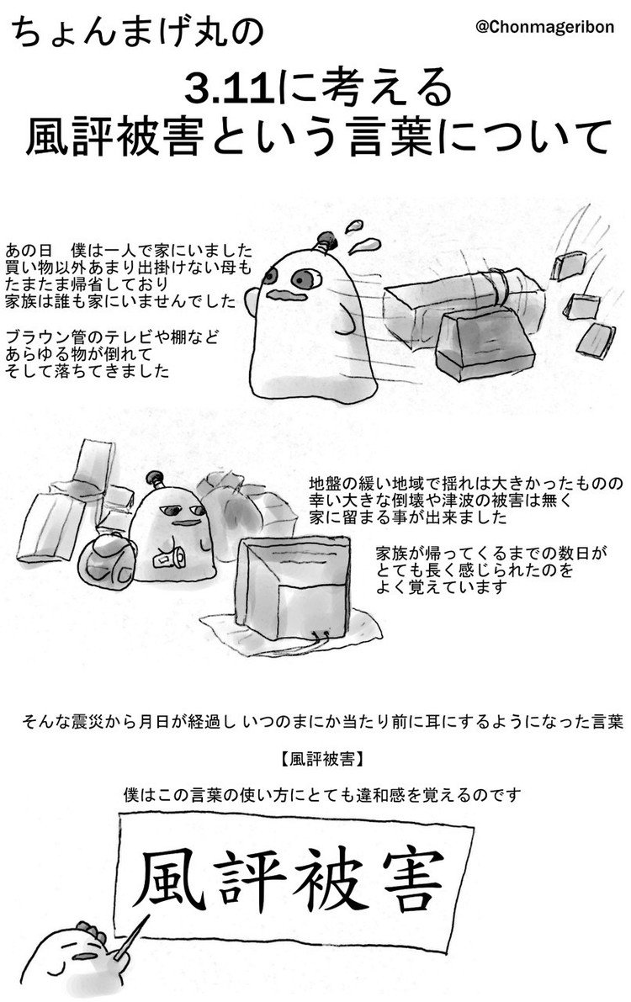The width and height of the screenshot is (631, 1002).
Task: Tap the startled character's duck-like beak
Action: coord(279,295)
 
